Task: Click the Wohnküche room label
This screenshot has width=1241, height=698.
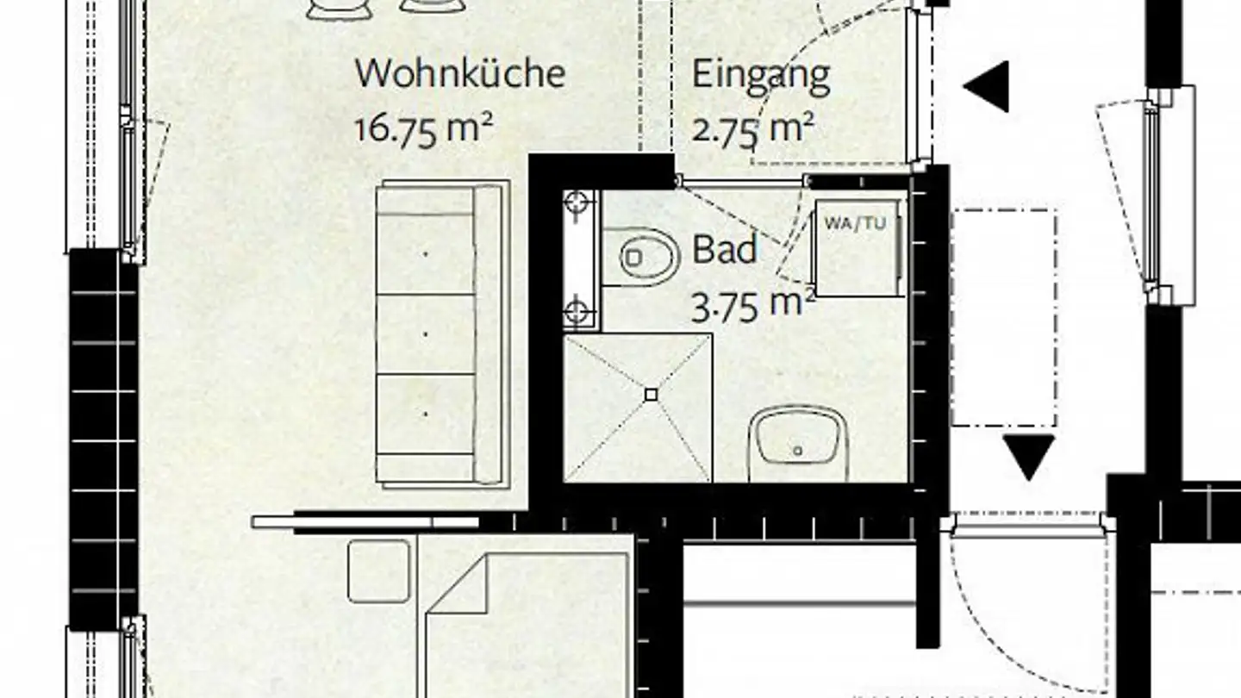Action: pos(459,73)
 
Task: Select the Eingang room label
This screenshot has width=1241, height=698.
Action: pos(761,76)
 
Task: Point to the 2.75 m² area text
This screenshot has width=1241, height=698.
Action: pos(752,129)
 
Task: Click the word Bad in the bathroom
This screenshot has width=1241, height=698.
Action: pos(725,251)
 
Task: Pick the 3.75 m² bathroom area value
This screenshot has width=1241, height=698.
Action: pos(752,305)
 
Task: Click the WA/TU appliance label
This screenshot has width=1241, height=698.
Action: pos(855,223)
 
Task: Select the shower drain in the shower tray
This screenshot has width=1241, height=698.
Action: pos(652,395)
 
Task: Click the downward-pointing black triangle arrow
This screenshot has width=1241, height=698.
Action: pos(1029,453)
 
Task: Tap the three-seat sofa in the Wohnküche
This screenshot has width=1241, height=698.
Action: pos(440,333)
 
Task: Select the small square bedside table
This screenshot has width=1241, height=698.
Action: pos(379,570)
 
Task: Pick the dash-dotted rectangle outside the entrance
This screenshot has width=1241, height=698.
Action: pos(1004,317)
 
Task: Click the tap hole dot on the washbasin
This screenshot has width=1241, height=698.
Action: pos(798,451)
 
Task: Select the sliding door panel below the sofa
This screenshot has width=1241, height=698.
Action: pos(366,522)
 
